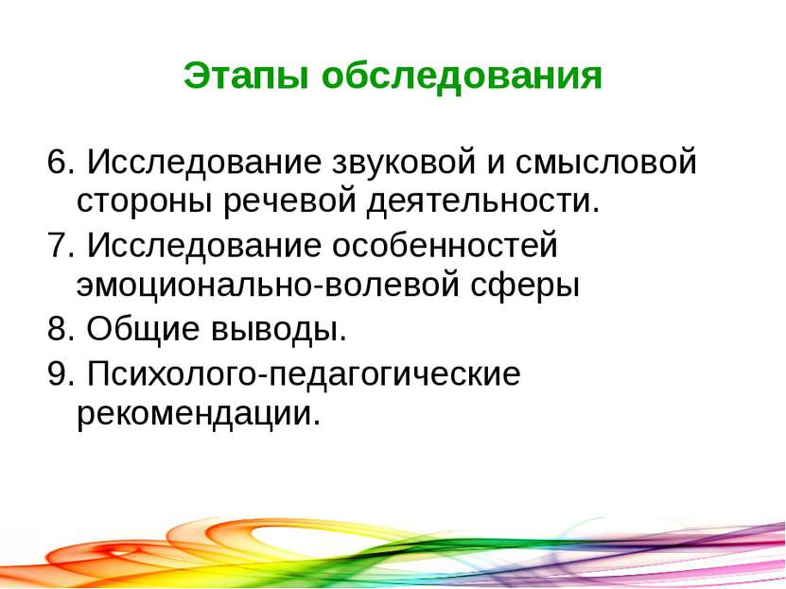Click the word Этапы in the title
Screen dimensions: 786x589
246,77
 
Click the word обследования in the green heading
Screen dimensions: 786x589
462,78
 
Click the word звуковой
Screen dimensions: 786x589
404,163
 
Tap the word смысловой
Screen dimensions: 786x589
606,163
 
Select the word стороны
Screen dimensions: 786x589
144,201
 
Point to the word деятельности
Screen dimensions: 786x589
483,200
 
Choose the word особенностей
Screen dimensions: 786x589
445,245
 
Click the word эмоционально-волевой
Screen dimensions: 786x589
269,285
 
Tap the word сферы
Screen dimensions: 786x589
525,285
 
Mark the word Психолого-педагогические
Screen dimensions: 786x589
305,374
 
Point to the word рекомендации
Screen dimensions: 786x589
198,414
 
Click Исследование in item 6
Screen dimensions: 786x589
204,163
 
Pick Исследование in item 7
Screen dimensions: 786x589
204,247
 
